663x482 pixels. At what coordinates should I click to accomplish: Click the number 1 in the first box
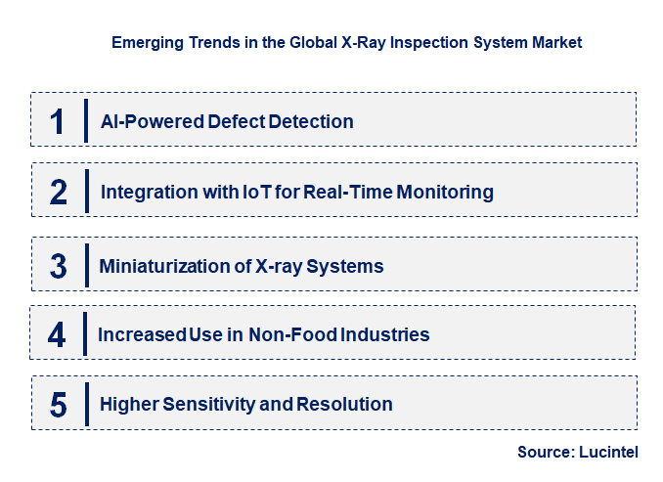(58, 121)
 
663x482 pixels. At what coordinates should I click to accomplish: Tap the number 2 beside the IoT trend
(59, 192)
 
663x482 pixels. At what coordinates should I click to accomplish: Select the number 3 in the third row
(59, 266)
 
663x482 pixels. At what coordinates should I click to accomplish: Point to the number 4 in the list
(57, 334)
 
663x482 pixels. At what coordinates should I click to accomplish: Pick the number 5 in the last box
(59, 404)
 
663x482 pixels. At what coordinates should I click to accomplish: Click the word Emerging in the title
(145, 43)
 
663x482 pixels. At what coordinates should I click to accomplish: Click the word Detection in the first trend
(311, 122)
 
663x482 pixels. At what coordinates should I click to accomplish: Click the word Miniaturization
(156, 266)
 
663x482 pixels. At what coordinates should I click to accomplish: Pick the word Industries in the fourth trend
(384, 334)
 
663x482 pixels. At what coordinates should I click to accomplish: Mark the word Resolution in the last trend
(344, 404)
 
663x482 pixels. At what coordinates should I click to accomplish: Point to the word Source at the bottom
(546, 453)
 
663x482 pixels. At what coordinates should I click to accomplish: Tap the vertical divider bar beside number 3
(87, 264)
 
